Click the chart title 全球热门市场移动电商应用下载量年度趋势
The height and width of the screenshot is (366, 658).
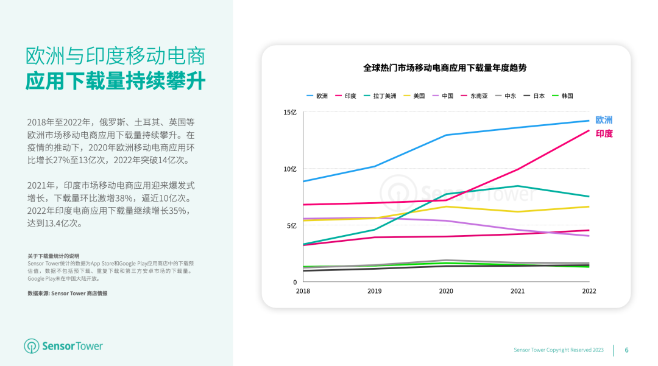(x=445, y=68)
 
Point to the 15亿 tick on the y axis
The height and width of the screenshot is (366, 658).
(x=290, y=113)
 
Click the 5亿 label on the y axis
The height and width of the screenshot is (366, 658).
(x=292, y=226)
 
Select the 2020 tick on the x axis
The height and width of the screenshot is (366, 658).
(x=446, y=291)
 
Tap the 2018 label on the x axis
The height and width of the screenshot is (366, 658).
(x=303, y=291)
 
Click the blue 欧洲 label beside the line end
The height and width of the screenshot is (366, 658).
(x=604, y=120)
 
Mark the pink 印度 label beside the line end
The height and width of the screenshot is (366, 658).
(x=604, y=133)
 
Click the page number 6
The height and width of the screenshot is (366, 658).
(x=626, y=350)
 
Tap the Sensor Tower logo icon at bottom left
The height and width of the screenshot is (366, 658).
(x=31, y=346)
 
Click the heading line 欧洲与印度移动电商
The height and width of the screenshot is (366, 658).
(x=115, y=56)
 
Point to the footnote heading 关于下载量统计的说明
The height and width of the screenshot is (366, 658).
(x=53, y=256)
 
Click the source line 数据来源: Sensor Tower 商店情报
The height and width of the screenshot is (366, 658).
(x=67, y=293)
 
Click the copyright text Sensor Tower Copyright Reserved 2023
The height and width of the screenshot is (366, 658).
(x=558, y=350)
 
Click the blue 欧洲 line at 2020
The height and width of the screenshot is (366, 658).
(x=446, y=135)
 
